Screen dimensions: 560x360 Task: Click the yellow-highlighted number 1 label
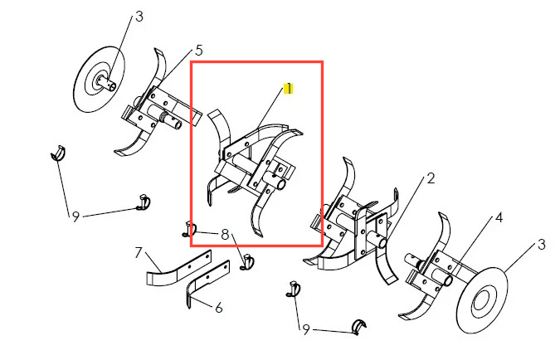point(288,88)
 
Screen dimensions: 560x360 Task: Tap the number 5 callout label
point(199,51)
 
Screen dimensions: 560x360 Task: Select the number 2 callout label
point(431,178)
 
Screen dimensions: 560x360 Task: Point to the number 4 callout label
point(499,217)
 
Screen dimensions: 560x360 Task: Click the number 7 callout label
point(139,253)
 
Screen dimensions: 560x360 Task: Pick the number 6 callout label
point(219,308)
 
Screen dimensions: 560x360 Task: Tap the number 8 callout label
point(225,235)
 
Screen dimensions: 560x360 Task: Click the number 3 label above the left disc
point(139,17)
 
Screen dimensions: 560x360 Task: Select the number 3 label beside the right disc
point(542,245)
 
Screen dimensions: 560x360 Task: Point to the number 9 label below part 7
point(305,329)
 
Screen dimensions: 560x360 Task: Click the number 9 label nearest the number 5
point(75,216)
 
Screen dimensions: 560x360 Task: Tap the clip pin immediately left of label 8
point(190,229)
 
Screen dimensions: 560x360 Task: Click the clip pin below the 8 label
point(247,262)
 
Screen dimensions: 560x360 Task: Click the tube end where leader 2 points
point(382,243)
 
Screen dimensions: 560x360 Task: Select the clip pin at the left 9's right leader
point(144,202)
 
